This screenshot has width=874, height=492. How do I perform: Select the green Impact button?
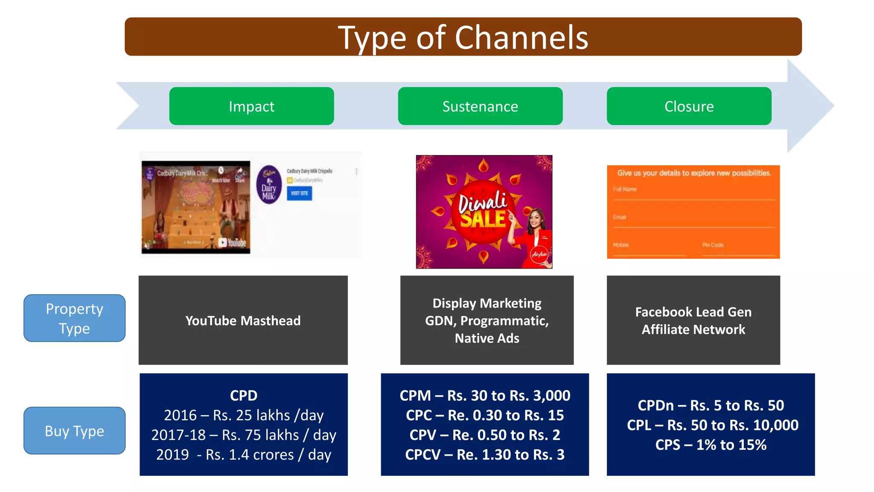pyautogui.click(x=251, y=106)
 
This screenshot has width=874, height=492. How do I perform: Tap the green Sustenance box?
pyautogui.click(x=480, y=106)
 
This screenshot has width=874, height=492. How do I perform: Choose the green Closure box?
pyautogui.click(x=689, y=106)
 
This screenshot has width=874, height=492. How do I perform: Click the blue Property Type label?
pyautogui.click(x=75, y=318)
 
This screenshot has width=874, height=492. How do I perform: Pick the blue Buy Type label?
pyautogui.click(x=75, y=430)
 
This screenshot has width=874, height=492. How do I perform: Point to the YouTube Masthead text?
pyautogui.click(x=243, y=321)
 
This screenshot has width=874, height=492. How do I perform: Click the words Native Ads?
pyautogui.click(x=487, y=338)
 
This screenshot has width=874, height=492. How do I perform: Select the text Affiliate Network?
pyautogui.click(x=693, y=330)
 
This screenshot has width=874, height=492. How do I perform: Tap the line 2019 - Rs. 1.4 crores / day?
pyautogui.click(x=243, y=454)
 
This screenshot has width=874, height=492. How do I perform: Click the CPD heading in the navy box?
pyautogui.click(x=243, y=395)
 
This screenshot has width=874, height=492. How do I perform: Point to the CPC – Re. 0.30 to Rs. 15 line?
pyautogui.click(x=485, y=415)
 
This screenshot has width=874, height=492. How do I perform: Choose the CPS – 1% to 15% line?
pyautogui.click(x=711, y=445)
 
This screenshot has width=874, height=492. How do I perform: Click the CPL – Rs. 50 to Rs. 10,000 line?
pyautogui.click(x=712, y=425)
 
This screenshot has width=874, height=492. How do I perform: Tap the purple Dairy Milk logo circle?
pyautogui.click(x=269, y=184)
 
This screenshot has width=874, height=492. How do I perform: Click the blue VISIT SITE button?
pyautogui.click(x=299, y=193)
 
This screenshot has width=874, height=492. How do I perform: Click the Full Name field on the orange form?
pyautogui.click(x=693, y=194)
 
